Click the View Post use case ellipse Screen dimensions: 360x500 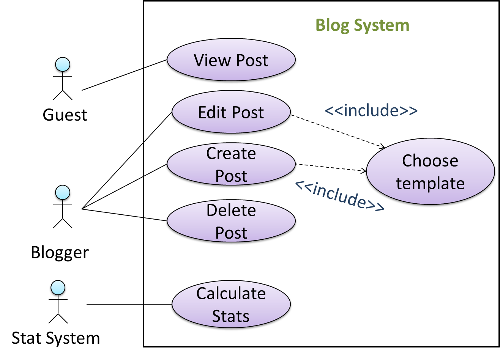(231, 61)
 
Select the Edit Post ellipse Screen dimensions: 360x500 (231, 113)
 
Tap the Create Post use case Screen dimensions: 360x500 (231, 165)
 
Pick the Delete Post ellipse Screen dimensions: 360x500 (231, 222)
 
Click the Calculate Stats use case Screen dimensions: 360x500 (231, 305)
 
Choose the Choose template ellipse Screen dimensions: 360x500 (430, 172)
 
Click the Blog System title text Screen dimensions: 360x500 (363, 25)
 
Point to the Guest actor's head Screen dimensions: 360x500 (63, 65)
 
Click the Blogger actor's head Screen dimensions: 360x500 (63, 193)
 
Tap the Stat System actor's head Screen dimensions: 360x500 (58, 288)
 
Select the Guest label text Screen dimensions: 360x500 (65, 115)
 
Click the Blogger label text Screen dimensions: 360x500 (60, 253)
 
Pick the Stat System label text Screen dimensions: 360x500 (56, 338)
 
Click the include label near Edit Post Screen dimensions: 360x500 (371, 110)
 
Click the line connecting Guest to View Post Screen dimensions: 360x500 (123, 75)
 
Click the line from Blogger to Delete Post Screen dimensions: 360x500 (124, 215)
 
